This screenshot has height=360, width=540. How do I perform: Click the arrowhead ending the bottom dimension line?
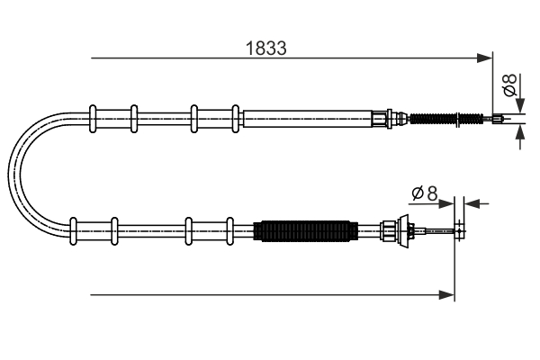(x=448, y=294)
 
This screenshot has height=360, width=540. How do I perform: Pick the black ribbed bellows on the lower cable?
(x=303, y=231)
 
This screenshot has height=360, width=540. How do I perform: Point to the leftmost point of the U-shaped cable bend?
(x=10, y=173)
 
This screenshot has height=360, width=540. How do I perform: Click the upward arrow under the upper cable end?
(x=519, y=133)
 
